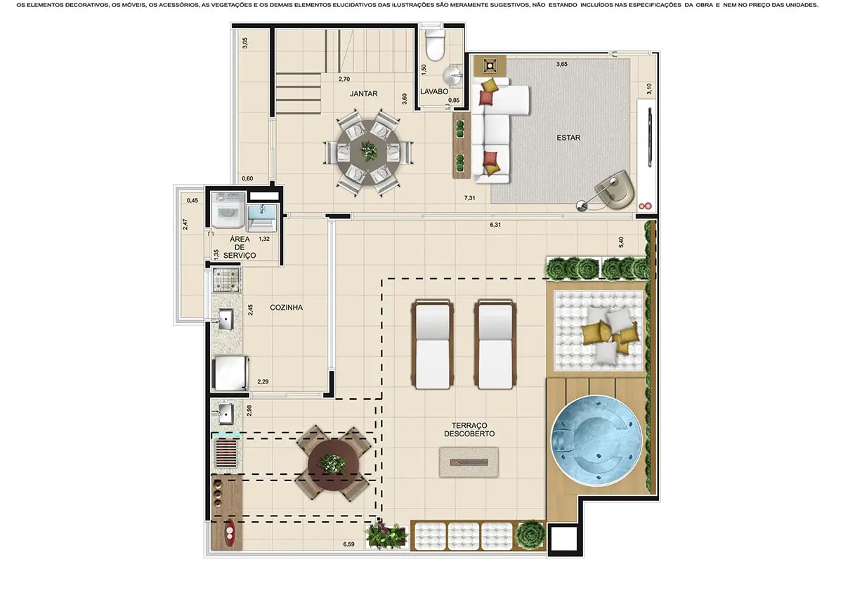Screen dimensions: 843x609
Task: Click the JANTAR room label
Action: tap(364, 93)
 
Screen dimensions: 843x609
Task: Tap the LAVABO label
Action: tap(434, 91)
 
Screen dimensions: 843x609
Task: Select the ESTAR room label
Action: tap(568, 138)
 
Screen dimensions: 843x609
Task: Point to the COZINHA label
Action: tap(286, 308)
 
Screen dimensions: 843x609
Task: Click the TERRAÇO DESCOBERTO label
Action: tap(469, 429)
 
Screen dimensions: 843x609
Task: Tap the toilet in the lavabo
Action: tap(435, 45)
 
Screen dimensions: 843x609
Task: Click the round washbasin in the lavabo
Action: tap(451, 77)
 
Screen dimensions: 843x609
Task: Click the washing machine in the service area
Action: tap(228, 210)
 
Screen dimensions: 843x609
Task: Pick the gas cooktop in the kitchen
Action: tap(226, 280)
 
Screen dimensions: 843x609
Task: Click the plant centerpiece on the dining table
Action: tap(367, 151)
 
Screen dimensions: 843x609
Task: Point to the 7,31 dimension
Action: tap(469, 198)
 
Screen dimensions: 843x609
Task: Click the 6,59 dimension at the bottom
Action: tap(348, 544)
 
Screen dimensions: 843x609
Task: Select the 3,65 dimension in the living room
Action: tap(562, 65)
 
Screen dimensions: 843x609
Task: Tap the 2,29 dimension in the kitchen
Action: tap(263, 381)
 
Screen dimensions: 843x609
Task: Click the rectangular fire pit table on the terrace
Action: tap(469, 463)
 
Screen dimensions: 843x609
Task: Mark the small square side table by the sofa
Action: tap(490, 66)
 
